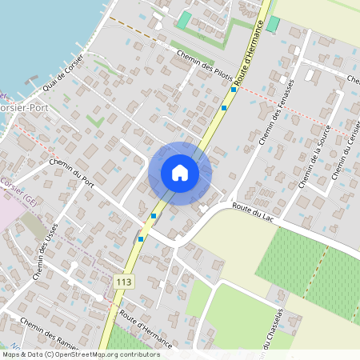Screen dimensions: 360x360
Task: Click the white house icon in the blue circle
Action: (x=180, y=173)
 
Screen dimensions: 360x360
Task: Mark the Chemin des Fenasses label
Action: (x=277, y=112)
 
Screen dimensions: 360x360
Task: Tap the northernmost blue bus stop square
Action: (x=224, y=107)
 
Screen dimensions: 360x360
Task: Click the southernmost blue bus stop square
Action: (x=141, y=238)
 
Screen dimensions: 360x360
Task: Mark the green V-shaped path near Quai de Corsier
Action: (x=95, y=121)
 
